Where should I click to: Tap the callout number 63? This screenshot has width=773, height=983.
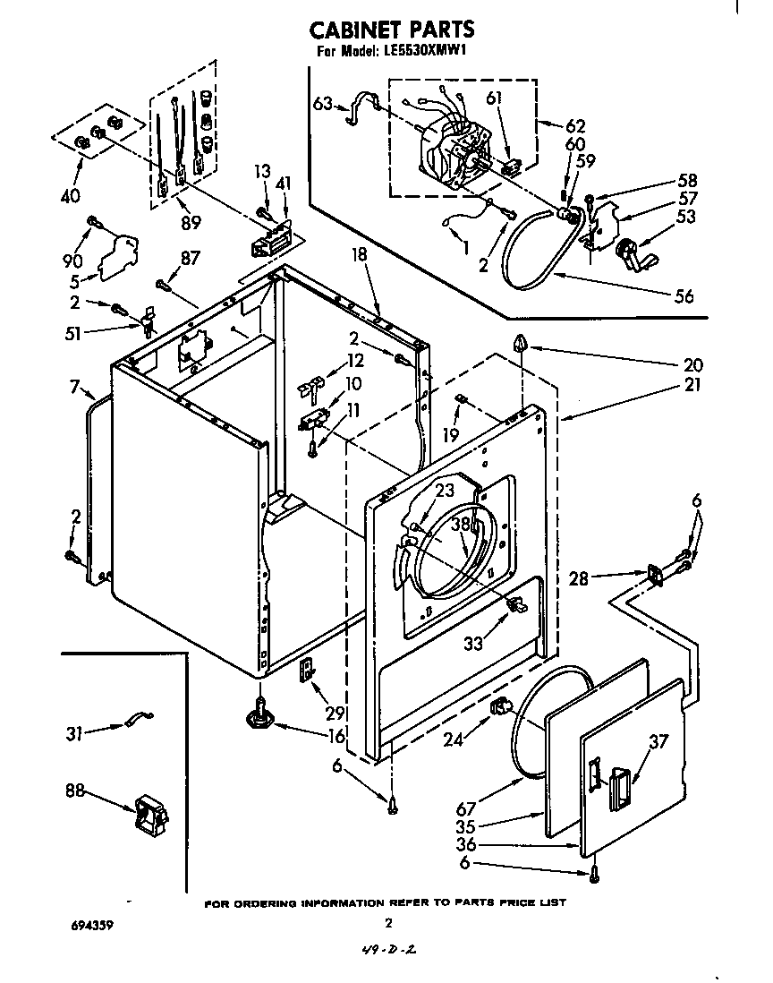324,104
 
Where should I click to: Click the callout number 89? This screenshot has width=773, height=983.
190,222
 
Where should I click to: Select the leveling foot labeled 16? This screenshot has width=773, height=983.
259,715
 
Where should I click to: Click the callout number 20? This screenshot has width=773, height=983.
693,364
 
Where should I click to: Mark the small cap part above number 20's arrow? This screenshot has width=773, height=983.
522,342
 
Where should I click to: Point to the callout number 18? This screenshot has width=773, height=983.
359,255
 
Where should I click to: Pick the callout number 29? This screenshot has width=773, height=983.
336,714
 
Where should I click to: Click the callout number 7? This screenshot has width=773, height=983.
74,389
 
